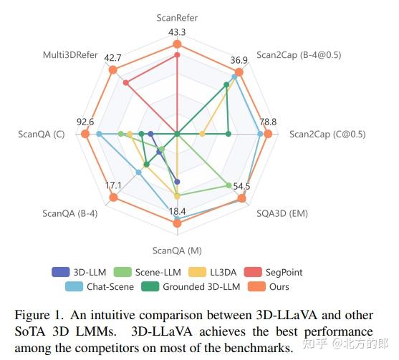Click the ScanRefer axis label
click(x=177, y=16)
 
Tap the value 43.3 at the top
click(x=177, y=32)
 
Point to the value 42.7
click(x=112, y=57)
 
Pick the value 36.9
click(x=239, y=60)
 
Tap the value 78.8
click(x=268, y=122)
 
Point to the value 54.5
click(x=241, y=187)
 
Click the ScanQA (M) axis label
click(x=177, y=250)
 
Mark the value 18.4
click(x=177, y=211)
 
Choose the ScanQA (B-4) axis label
click(x=70, y=213)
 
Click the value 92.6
click(x=85, y=122)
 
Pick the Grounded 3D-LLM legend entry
click(x=198, y=287)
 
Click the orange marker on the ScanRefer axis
click(x=177, y=44)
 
